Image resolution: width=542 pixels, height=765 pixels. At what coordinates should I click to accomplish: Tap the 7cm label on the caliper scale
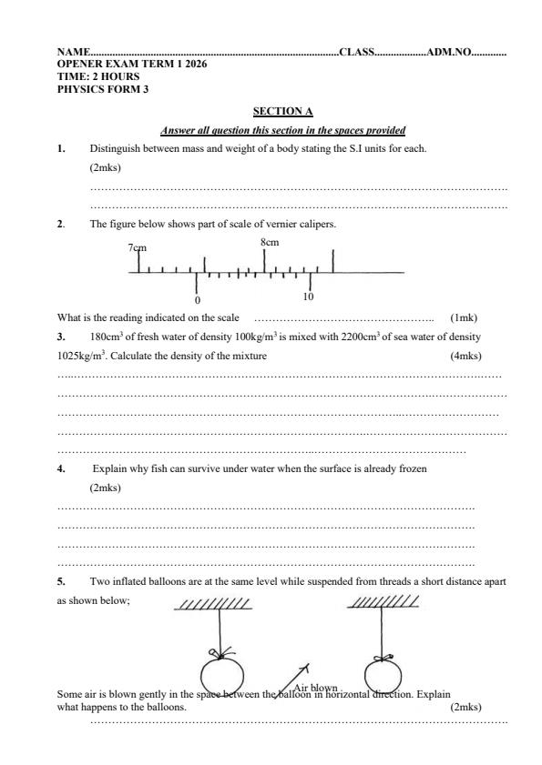(x=138, y=247)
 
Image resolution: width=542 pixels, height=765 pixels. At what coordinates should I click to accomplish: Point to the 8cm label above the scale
(x=270, y=242)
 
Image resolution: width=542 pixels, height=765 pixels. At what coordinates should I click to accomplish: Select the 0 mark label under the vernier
(x=198, y=299)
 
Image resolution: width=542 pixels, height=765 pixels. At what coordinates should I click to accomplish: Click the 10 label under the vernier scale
(x=309, y=297)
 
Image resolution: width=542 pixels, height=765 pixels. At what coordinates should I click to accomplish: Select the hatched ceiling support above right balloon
(x=383, y=601)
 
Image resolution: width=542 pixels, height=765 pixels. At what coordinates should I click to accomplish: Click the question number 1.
(x=60, y=147)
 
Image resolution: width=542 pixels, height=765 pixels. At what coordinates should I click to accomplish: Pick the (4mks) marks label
(x=465, y=356)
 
